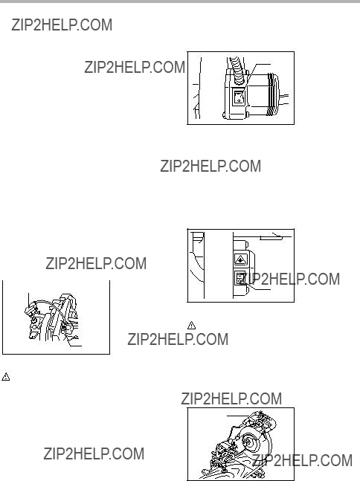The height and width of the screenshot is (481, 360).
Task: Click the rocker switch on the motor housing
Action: [x=239, y=97]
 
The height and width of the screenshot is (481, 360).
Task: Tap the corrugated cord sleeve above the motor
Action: [x=237, y=71]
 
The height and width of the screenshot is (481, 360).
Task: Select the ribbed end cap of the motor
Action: [x=274, y=94]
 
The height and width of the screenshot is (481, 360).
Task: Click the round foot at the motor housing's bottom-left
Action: [x=225, y=116]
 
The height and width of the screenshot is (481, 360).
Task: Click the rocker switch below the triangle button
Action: [x=240, y=277]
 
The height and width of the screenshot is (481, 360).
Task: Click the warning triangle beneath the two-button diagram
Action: [x=191, y=325]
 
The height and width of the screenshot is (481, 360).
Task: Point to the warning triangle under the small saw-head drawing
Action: [x=5, y=377]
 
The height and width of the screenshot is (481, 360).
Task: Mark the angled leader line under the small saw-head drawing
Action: [x=74, y=341]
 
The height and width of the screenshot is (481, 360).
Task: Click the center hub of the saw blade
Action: [x=248, y=441]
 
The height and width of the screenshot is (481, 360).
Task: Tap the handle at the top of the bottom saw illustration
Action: [x=263, y=419]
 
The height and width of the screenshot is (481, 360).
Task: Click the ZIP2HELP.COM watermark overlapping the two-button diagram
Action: [x=289, y=279]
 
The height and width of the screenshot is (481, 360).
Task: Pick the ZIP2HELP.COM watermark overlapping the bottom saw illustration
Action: [x=302, y=460]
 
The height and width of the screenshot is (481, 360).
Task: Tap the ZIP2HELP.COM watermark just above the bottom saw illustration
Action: [x=231, y=398]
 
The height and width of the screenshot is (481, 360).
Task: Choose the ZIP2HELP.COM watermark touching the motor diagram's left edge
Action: [x=135, y=67]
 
